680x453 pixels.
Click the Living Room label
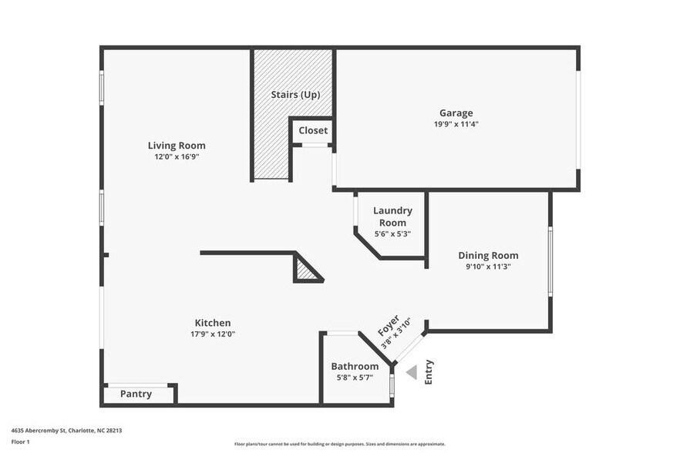[177, 145]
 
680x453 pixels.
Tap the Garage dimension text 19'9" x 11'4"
[456, 123]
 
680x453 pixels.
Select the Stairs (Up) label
[295, 95]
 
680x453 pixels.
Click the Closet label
[313, 130]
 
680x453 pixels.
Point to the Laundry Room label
[392, 216]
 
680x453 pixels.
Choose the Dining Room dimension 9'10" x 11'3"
[488, 267]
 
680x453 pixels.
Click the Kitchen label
[212, 323]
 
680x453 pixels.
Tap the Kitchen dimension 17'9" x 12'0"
[212, 334]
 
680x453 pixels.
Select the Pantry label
[136, 394]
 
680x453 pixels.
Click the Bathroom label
[355, 366]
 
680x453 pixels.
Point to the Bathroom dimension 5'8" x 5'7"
[355, 377]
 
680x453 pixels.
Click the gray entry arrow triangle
[412, 373]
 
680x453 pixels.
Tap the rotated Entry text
[429, 372]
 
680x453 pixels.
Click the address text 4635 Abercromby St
[66, 431]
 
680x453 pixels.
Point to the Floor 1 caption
[20, 441]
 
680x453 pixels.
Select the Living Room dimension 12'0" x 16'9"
[177, 156]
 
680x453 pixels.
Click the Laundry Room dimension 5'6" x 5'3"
[392, 233]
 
